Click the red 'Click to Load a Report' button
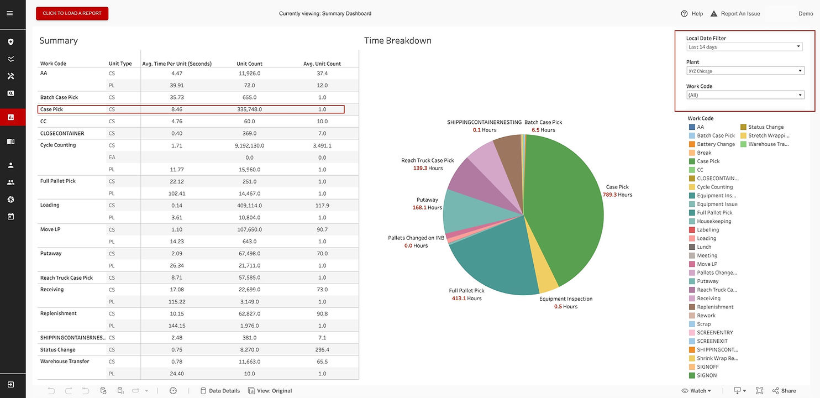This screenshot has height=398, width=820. click(x=72, y=13)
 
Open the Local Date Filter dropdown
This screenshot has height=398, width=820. click(x=745, y=47)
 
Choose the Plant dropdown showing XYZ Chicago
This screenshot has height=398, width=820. click(x=745, y=71)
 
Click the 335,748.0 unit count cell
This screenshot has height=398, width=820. click(x=249, y=109)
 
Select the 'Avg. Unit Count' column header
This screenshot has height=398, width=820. click(x=322, y=64)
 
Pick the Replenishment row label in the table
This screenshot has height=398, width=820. click(x=59, y=313)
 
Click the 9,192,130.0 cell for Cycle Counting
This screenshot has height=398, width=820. click(x=249, y=145)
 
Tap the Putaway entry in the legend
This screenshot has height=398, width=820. click(x=707, y=281)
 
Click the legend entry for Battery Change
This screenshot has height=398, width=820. click(x=716, y=144)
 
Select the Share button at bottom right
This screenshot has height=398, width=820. click(x=784, y=391)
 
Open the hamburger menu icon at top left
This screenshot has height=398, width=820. click(x=9, y=13)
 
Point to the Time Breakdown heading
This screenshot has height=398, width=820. click(x=398, y=41)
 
